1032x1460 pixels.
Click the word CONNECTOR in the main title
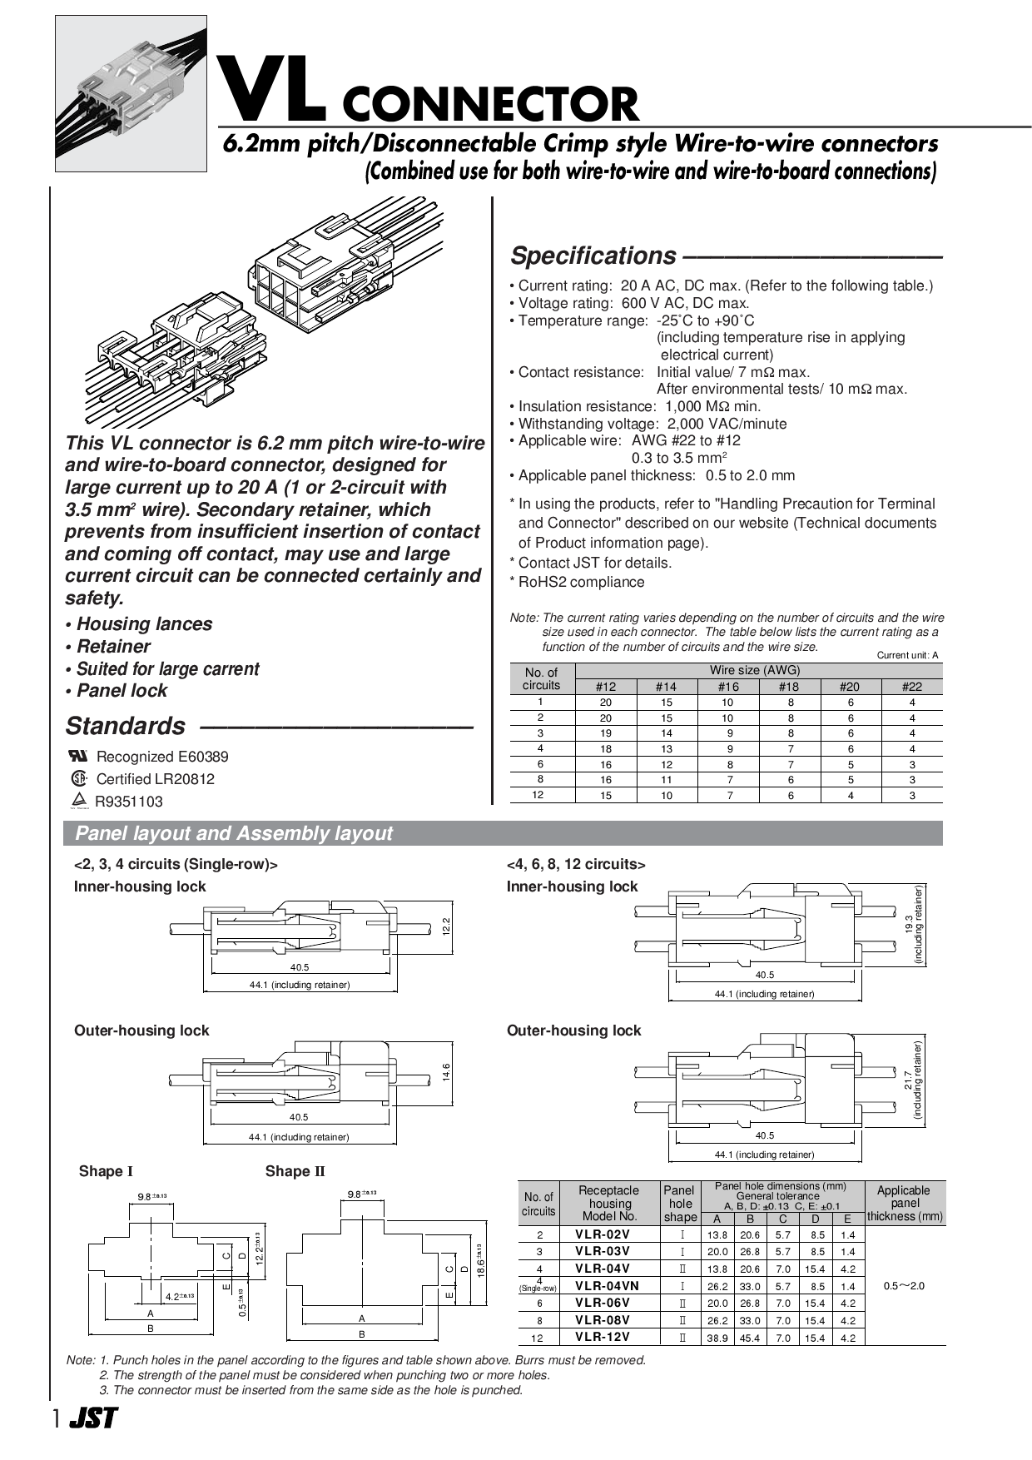point(490,105)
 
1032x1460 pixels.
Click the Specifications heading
point(593,256)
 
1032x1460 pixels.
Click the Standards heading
point(126,726)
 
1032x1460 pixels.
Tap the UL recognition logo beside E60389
point(77,756)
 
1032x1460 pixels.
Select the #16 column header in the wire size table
point(727,687)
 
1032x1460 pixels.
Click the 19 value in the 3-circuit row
point(606,733)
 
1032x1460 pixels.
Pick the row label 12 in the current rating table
point(538,795)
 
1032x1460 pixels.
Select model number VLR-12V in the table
point(603,1337)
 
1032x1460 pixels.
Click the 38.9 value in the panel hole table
point(717,1338)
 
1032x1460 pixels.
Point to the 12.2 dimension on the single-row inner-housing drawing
point(446,926)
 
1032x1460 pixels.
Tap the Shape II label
point(295,1171)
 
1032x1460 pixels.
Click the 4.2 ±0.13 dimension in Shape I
point(178,1296)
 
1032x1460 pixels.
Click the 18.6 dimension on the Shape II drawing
point(481,1265)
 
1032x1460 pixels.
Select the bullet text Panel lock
point(122,691)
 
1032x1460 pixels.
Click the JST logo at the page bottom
point(92,1418)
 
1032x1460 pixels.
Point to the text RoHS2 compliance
point(581,582)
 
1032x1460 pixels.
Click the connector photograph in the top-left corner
point(131,93)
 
